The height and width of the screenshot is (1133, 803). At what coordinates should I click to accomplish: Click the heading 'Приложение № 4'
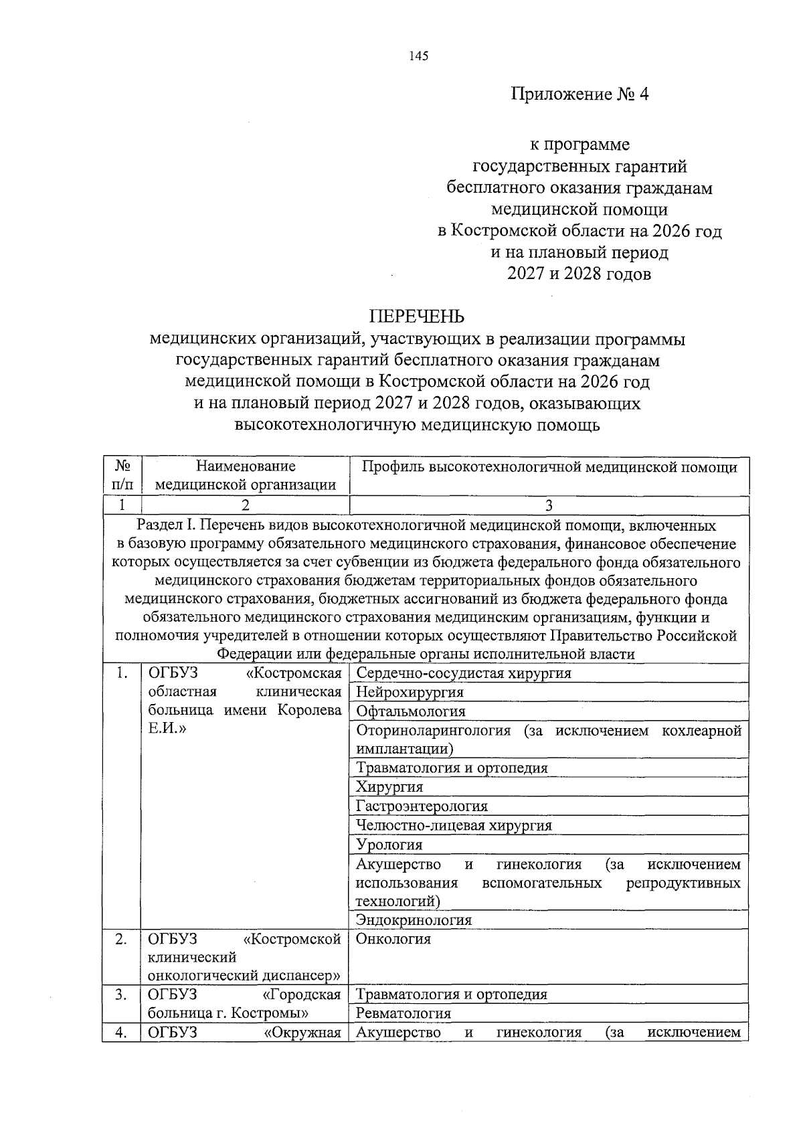580,94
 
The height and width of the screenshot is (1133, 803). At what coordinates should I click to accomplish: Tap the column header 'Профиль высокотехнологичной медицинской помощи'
549,467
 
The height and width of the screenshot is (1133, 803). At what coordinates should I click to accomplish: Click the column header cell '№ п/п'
122,476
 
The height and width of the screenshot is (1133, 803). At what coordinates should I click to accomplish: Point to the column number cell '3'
549,505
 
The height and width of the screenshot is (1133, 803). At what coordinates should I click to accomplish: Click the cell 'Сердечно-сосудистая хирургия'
464,673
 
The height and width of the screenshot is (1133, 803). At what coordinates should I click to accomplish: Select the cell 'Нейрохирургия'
410,692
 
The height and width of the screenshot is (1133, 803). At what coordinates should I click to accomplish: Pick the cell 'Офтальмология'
410,711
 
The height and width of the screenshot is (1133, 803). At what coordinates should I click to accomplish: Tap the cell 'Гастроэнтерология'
422,806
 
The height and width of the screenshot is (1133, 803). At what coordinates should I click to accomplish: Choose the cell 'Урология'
389,845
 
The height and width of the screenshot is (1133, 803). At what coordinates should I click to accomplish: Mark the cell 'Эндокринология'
414,920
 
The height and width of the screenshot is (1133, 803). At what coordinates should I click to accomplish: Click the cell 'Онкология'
393,939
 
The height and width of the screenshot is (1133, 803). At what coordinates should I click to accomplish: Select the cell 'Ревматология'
404,1013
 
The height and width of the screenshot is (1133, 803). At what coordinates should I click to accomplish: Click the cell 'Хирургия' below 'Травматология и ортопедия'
389,787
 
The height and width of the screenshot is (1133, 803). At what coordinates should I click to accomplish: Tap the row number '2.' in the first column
121,939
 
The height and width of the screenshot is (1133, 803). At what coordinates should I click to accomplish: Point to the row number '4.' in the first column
121,1032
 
